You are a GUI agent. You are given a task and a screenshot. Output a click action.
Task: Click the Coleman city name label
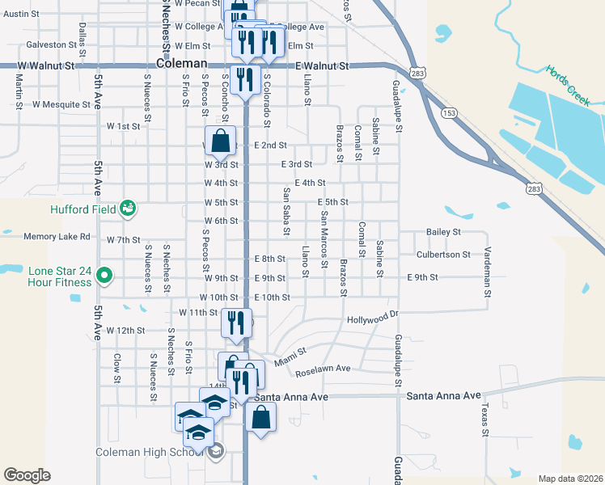coord(183,65)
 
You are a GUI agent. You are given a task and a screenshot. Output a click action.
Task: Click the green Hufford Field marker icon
coord(128,209)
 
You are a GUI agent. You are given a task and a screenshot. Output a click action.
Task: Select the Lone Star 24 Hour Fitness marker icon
coord(104,276)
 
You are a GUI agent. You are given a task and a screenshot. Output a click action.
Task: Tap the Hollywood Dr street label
coord(374,319)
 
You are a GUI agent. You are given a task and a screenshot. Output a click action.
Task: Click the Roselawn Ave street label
coord(323,369)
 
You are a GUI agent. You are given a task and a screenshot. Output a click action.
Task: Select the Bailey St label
coord(443,232)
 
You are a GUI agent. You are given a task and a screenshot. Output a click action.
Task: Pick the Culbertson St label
coord(443,255)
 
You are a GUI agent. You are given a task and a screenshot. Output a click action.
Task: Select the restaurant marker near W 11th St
coord(233,323)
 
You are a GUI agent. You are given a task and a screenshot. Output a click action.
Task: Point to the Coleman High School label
coord(150,452)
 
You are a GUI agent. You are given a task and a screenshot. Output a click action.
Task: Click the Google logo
coord(27,475)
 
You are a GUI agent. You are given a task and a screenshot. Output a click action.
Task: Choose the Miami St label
coord(293,354)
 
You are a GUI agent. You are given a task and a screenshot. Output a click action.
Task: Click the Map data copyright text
coord(569,479)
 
